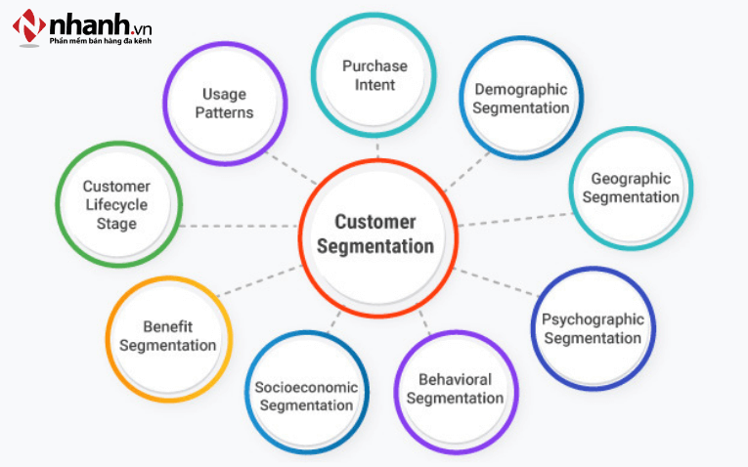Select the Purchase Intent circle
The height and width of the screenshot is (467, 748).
[x=374, y=75]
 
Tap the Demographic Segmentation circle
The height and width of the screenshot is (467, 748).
[x=520, y=98]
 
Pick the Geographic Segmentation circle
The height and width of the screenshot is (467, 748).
[x=632, y=188]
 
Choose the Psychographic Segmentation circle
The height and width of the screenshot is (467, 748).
[x=593, y=328]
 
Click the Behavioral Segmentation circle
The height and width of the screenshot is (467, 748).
[x=455, y=389]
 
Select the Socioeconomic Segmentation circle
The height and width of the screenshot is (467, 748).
[x=306, y=395]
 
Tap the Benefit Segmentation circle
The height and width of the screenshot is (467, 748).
[x=168, y=336]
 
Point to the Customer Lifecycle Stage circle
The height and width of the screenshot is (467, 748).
[x=117, y=204]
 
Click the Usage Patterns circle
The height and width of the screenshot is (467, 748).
[x=226, y=103]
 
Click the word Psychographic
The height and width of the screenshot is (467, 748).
[x=593, y=318]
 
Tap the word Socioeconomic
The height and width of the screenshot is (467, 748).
[x=306, y=386]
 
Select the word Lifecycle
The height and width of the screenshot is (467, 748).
[x=116, y=204]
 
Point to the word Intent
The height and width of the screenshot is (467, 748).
[x=374, y=85]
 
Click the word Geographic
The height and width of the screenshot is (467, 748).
[x=631, y=178]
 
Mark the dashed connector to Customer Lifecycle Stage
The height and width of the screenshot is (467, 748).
[x=240, y=226]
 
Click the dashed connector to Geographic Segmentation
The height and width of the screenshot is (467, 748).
[x=513, y=219]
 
